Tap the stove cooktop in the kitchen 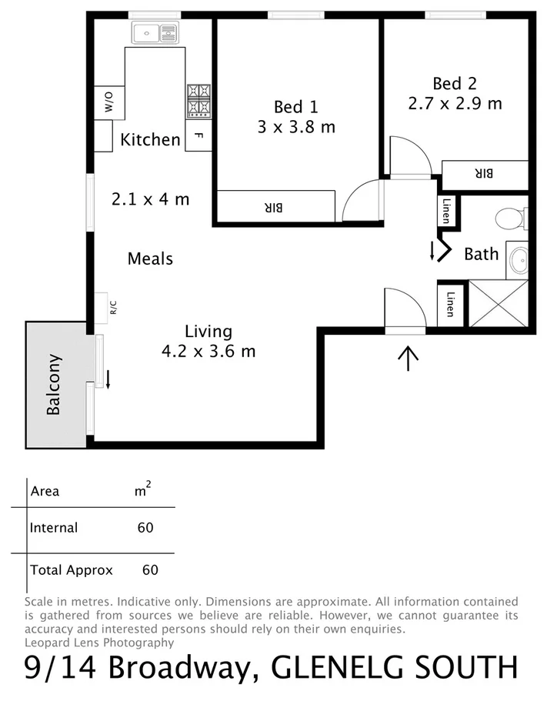tap(198, 99)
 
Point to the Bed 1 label tap(295, 107)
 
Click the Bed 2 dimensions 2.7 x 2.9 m tap(455, 103)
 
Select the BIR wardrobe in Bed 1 tap(275, 206)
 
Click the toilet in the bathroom tap(509, 219)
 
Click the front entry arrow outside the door tap(407, 358)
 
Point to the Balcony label tap(54, 385)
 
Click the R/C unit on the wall tap(102, 304)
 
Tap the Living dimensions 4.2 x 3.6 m tap(208, 352)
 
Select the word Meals tap(150, 259)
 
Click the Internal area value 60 tap(145, 528)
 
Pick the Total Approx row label tap(71, 570)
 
